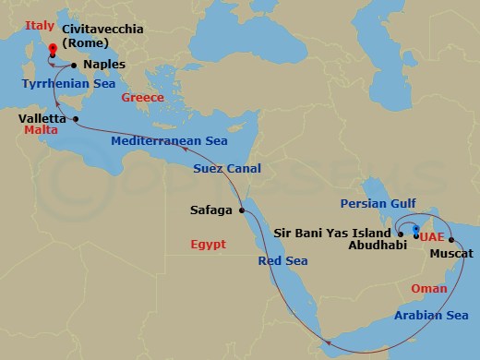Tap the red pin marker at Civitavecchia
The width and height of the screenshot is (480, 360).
click(52, 53)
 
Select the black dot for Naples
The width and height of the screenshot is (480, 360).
click(74, 65)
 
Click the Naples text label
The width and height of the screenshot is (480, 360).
click(104, 65)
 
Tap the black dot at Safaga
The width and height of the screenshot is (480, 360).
click(243, 210)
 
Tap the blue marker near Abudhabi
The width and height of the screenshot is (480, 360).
click(416, 229)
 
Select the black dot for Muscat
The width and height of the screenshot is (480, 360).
click(451, 240)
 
